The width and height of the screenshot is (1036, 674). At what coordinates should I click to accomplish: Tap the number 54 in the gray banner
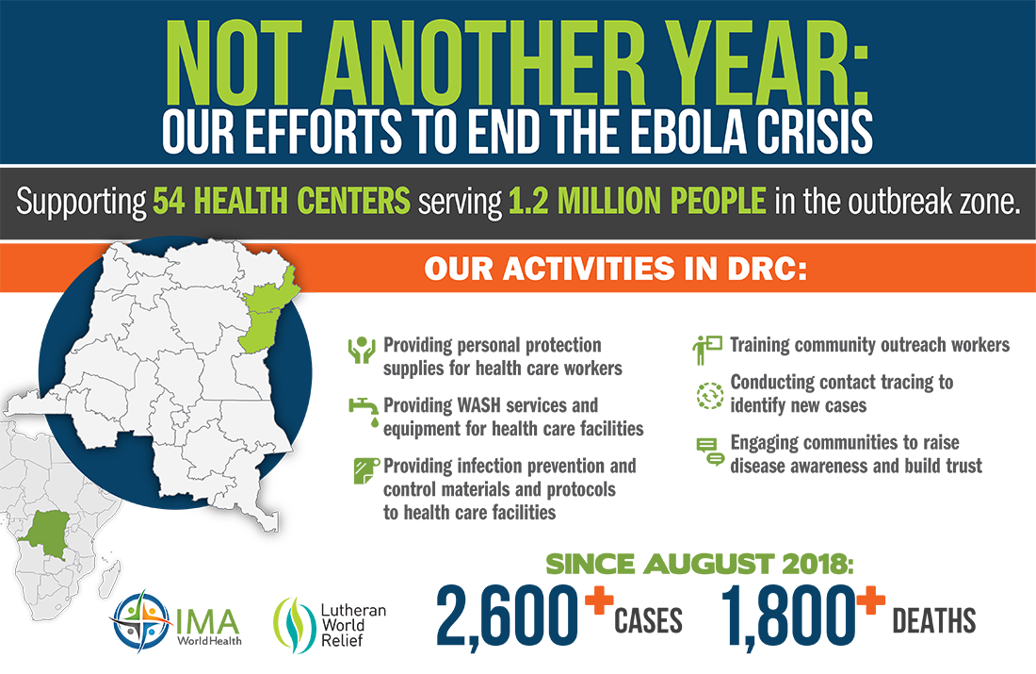tap(169, 201)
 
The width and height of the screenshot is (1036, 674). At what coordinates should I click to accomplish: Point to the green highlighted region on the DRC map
tap(265, 311)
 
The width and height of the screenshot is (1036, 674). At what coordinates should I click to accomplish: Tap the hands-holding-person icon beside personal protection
tap(362, 350)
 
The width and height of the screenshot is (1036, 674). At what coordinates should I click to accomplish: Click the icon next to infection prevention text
tap(365, 470)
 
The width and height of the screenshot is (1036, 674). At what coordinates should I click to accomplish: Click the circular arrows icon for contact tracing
tap(709, 396)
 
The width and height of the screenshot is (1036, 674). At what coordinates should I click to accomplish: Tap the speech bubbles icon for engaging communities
tap(710, 452)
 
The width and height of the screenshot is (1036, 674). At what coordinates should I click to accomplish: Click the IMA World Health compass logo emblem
tap(140, 621)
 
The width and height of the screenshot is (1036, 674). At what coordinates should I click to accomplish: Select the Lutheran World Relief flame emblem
tap(295, 625)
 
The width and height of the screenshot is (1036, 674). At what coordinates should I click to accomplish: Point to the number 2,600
tap(506, 616)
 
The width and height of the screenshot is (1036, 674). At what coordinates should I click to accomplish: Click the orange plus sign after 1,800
tap(871, 600)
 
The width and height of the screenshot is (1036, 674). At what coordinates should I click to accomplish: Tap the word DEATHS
tap(933, 621)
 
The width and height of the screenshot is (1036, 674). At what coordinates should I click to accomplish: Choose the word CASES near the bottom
tap(648, 621)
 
